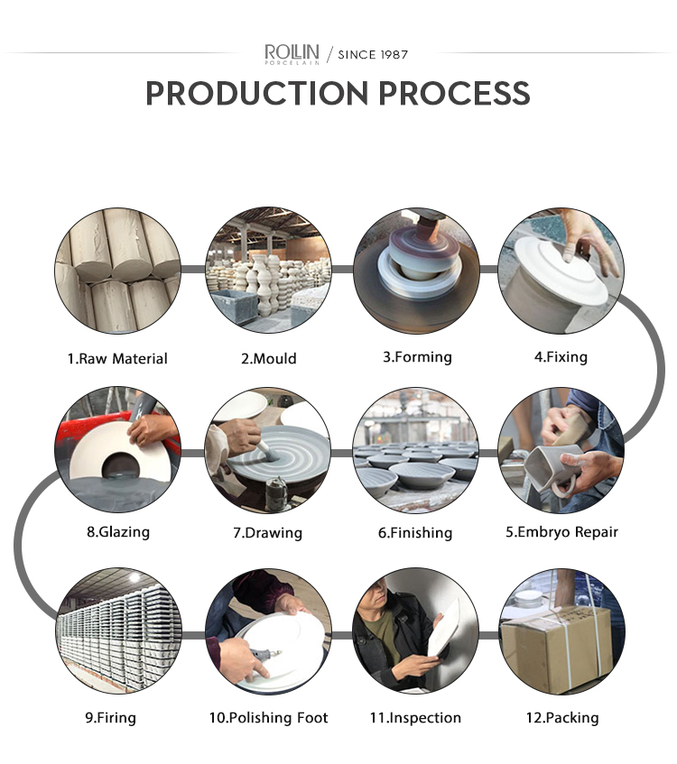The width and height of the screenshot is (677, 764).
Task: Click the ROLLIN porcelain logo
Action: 292,53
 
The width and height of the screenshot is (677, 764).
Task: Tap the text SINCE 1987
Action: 373,54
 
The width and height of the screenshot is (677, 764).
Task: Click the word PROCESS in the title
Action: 454,93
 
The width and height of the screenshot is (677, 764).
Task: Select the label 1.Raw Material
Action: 117,359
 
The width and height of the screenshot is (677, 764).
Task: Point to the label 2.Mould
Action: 269,359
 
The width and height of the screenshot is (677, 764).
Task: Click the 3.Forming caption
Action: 417,357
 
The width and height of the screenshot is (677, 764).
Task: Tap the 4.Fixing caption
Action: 561,357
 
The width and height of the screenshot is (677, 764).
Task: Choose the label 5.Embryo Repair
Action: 561,532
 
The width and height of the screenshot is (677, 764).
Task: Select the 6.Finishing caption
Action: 415,532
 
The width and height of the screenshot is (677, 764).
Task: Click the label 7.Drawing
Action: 267,532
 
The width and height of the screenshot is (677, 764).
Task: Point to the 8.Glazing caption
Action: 118,531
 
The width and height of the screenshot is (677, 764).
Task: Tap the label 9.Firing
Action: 110,718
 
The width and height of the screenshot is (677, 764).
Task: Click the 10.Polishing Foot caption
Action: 268,718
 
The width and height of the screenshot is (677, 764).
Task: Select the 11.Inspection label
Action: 415,718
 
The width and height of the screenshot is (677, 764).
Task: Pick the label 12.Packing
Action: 561,718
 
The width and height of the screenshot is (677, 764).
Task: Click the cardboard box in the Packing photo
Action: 556,647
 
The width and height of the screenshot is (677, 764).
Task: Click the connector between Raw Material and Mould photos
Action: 193,269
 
